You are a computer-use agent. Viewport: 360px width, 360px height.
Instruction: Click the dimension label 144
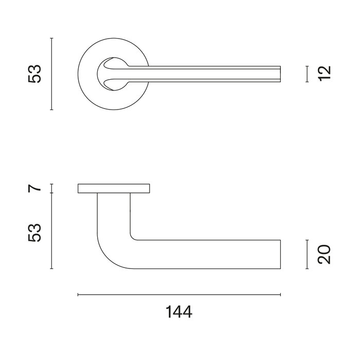(x=179, y=312)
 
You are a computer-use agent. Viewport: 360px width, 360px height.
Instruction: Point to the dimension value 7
(x=34, y=188)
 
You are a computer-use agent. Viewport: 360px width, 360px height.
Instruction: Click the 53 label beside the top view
(x=34, y=74)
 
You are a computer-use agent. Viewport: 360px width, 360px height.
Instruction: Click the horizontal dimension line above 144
(x=179, y=295)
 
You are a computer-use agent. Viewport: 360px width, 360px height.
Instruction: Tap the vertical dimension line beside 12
(x=307, y=74)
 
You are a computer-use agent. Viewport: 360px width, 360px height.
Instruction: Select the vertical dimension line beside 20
(x=307, y=254)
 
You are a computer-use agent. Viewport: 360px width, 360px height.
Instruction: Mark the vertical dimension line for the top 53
(x=51, y=74)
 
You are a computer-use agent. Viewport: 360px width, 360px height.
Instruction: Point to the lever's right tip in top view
(x=280, y=74)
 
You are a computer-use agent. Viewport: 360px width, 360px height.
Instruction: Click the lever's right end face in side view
(x=280, y=254)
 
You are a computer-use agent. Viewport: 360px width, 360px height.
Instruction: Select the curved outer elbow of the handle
(x=106, y=258)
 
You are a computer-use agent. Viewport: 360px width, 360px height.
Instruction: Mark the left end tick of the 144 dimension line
(x=78, y=295)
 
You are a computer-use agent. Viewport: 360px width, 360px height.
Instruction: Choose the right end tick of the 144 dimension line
(x=280, y=295)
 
